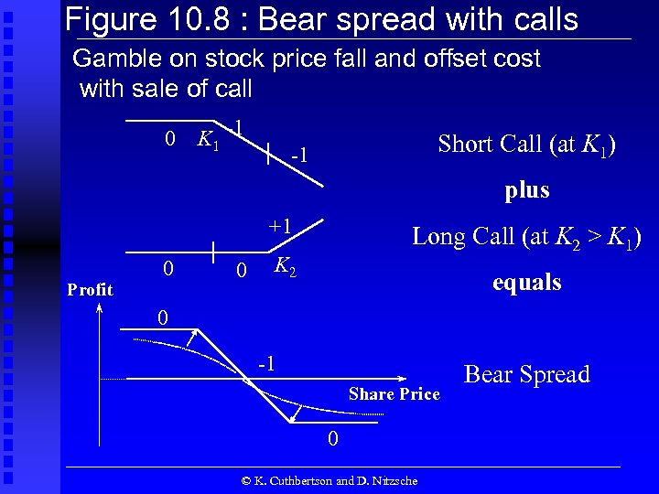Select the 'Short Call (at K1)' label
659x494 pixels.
[526, 145]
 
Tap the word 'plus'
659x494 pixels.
[527, 190]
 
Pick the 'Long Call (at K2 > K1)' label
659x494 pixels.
[526, 237]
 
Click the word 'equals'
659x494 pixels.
[526, 283]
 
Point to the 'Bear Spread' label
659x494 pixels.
[527, 374]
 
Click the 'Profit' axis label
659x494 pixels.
[91, 290]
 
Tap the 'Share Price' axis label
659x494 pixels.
[394, 394]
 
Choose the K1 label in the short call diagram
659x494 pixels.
[208, 140]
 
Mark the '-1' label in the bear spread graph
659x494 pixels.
[265, 362]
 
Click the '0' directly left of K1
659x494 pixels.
[169, 139]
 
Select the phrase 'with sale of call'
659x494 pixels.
[166, 89]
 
